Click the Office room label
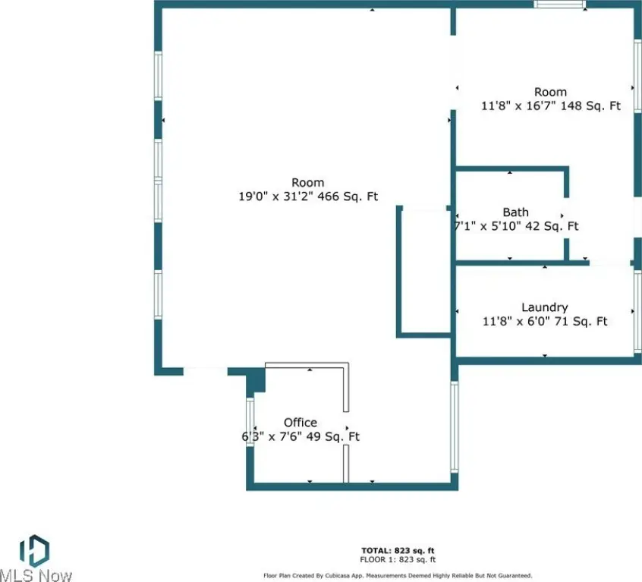click(300, 423)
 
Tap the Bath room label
click(515, 212)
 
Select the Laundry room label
click(545, 308)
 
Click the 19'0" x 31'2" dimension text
click(276, 197)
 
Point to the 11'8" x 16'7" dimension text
click(518, 105)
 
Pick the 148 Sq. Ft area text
click(590, 105)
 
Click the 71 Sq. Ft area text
click(581, 321)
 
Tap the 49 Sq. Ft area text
click(333, 437)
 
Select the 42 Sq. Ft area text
click(552, 226)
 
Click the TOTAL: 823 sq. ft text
click(398, 550)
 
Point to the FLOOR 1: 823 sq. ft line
click(398, 559)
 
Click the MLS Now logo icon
click(34, 550)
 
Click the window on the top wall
click(560, 4)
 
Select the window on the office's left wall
click(250, 422)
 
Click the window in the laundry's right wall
click(637, 310)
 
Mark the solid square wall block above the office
click(256, 380)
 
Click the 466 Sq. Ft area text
click(348, 197)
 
